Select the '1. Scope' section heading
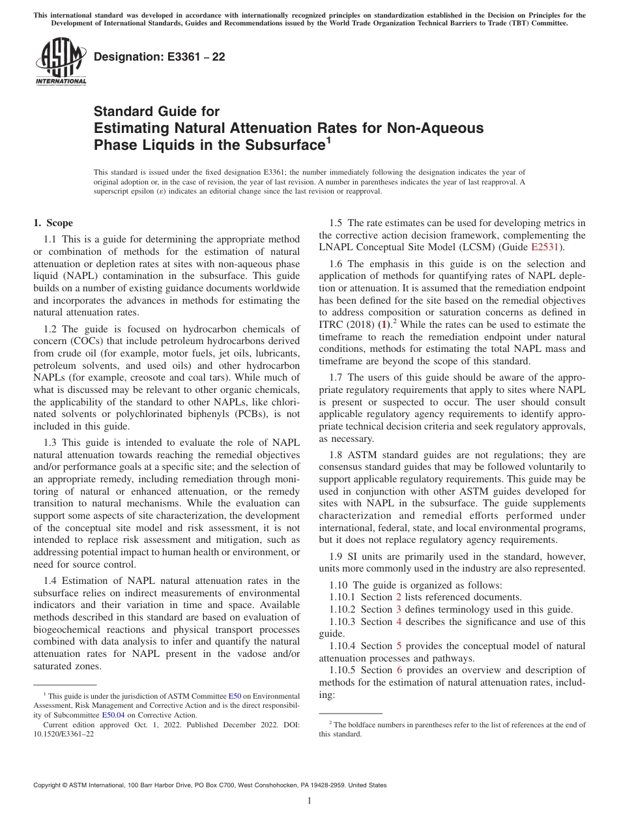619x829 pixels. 53,223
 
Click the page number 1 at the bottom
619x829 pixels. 309,801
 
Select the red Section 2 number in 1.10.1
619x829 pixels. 398,597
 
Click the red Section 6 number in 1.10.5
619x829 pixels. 398,670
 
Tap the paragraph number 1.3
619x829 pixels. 51,443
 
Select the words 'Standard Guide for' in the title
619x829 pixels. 156,111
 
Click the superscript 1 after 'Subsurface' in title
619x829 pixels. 328,139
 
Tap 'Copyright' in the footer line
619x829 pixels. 49,785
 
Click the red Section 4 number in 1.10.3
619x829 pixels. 398,622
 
